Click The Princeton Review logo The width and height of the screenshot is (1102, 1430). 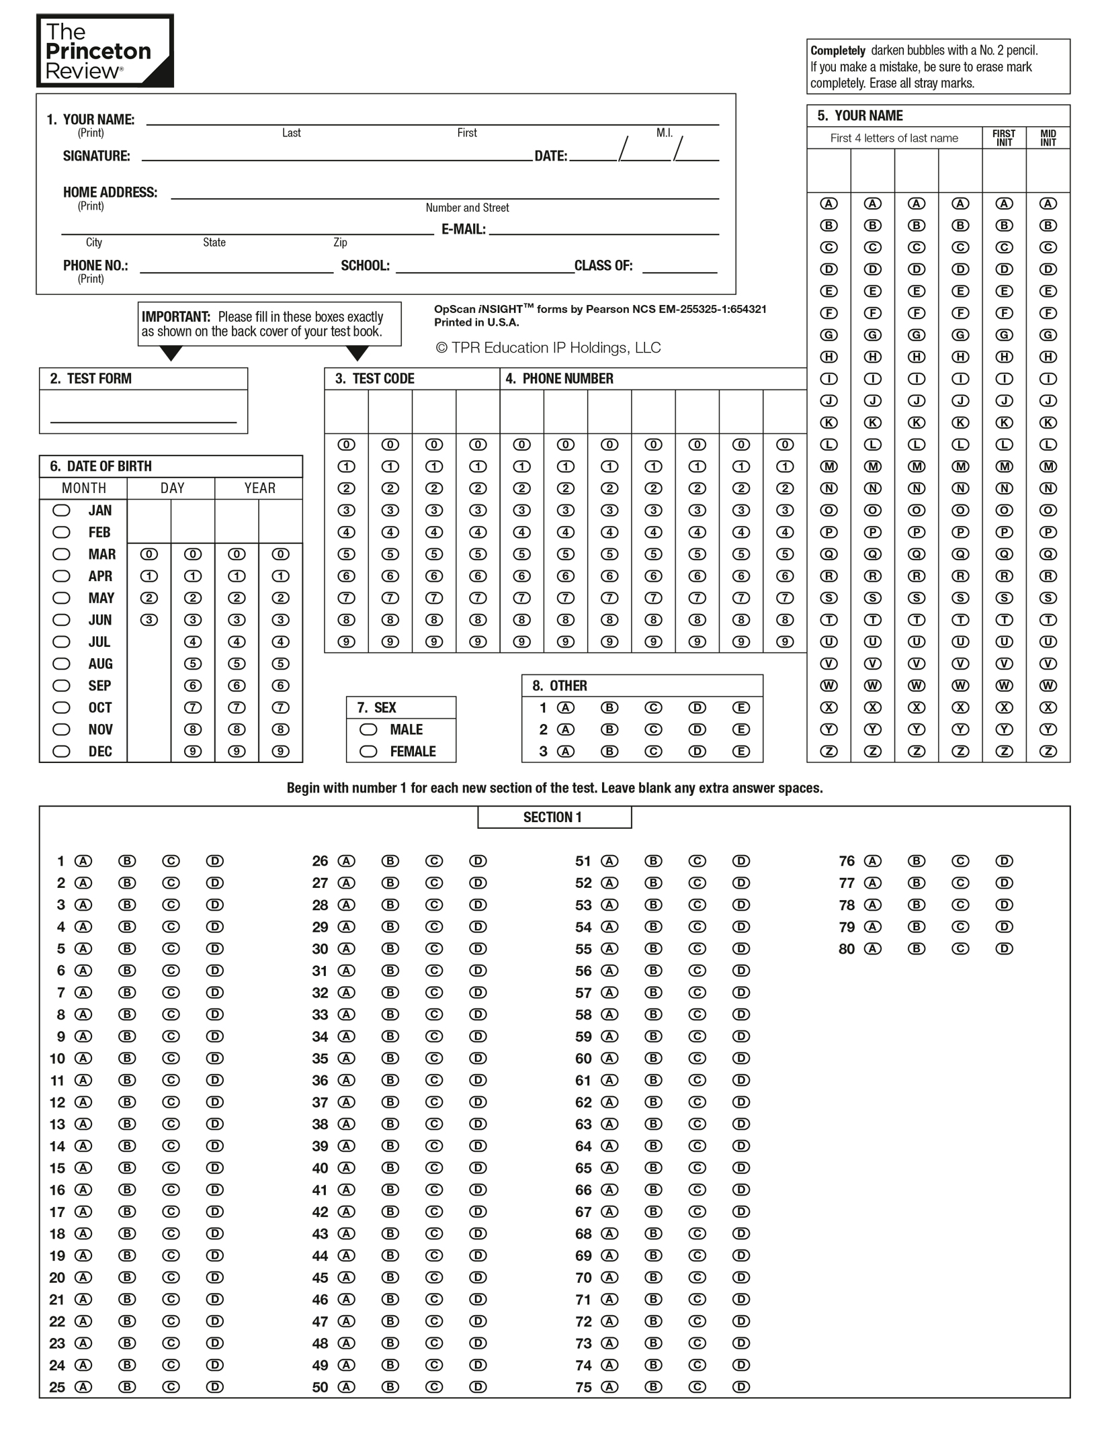(x=105, y=51)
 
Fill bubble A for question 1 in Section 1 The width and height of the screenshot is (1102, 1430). (x=83, y=861)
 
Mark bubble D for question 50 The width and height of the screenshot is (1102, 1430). (x=478, y=1387)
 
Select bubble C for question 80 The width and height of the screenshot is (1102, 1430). (x=960, y=948)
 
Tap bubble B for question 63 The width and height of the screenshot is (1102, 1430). (x=653, y=1124)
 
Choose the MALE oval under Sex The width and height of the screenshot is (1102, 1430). (x=368, y=729)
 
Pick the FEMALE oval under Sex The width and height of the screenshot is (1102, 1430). (x=368, y=752)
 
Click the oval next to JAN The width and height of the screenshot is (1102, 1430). (x=61, y=510)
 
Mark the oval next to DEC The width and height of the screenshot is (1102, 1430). (x=61, y=752)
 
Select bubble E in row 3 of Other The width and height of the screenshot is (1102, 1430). (x=740, y=752)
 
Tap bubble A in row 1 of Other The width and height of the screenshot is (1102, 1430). (x=566, y=707)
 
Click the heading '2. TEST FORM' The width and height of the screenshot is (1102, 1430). (x=91, y=379)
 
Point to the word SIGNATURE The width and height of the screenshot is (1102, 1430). (x=96, y=157)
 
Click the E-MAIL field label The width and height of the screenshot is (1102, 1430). (x=463, y=230)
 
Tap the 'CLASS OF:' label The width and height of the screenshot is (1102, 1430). (x=603, y=266)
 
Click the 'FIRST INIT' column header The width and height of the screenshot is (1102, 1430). (x=1004, y=138)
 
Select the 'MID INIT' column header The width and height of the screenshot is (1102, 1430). (x=1048, y=138)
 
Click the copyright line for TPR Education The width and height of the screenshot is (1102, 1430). (x=548, y=348)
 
